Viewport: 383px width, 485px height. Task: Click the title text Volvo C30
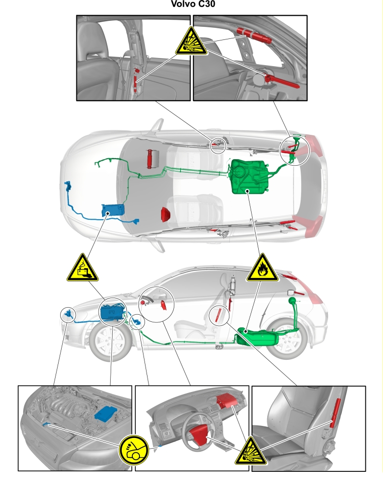pos(193,4)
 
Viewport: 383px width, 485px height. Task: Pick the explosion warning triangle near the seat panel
pos(251,452)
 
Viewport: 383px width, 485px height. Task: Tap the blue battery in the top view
pos(113,210)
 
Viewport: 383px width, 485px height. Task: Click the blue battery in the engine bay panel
pos(106,414)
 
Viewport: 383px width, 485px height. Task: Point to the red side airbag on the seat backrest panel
pos(335,413)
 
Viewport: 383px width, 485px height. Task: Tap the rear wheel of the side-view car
pos(287,339)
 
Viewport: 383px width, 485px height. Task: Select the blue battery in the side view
pos(112,312)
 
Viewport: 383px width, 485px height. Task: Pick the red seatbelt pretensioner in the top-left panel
pos(136,81)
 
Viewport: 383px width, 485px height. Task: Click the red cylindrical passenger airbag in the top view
pos(151,159)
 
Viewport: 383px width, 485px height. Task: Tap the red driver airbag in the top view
pos(166,214)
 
